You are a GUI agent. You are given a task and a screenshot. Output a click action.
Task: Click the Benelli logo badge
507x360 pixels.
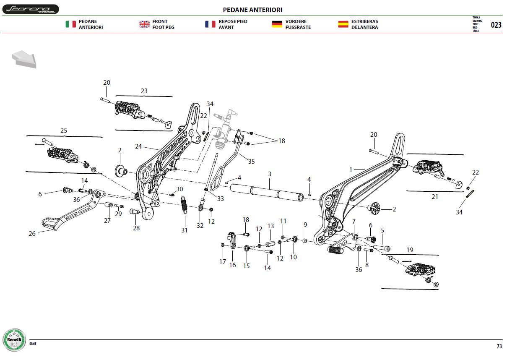14,340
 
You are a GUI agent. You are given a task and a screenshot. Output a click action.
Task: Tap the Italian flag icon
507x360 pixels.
70,24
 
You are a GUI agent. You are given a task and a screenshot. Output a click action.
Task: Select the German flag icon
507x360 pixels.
277,24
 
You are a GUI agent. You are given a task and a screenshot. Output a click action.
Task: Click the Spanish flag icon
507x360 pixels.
343,24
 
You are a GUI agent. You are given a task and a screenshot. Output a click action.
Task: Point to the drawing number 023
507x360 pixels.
496,25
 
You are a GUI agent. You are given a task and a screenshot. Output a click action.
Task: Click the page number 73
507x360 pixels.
499,346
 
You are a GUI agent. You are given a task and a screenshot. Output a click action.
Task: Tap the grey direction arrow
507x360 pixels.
24,59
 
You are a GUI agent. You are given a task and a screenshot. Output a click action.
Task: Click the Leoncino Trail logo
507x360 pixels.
31,9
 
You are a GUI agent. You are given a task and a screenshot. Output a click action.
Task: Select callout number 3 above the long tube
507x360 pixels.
270,174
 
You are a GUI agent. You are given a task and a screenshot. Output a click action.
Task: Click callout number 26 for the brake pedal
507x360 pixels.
32,233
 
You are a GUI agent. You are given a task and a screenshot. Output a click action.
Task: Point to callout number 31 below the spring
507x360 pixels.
185,230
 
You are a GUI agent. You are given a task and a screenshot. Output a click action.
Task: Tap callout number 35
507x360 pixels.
252,162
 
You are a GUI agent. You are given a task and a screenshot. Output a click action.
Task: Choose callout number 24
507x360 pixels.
138,146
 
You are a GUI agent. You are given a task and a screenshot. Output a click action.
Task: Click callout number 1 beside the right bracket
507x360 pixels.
351,170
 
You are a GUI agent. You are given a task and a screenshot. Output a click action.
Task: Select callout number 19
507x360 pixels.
410,250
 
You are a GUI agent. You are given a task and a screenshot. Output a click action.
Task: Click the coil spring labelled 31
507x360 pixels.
184,205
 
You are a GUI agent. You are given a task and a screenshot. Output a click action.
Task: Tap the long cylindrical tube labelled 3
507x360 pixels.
267,193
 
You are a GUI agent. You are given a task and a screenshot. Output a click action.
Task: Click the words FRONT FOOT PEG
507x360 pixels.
163,24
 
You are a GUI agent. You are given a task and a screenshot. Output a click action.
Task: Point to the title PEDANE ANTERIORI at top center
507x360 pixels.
252,10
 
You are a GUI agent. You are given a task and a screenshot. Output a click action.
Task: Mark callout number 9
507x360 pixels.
305,225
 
